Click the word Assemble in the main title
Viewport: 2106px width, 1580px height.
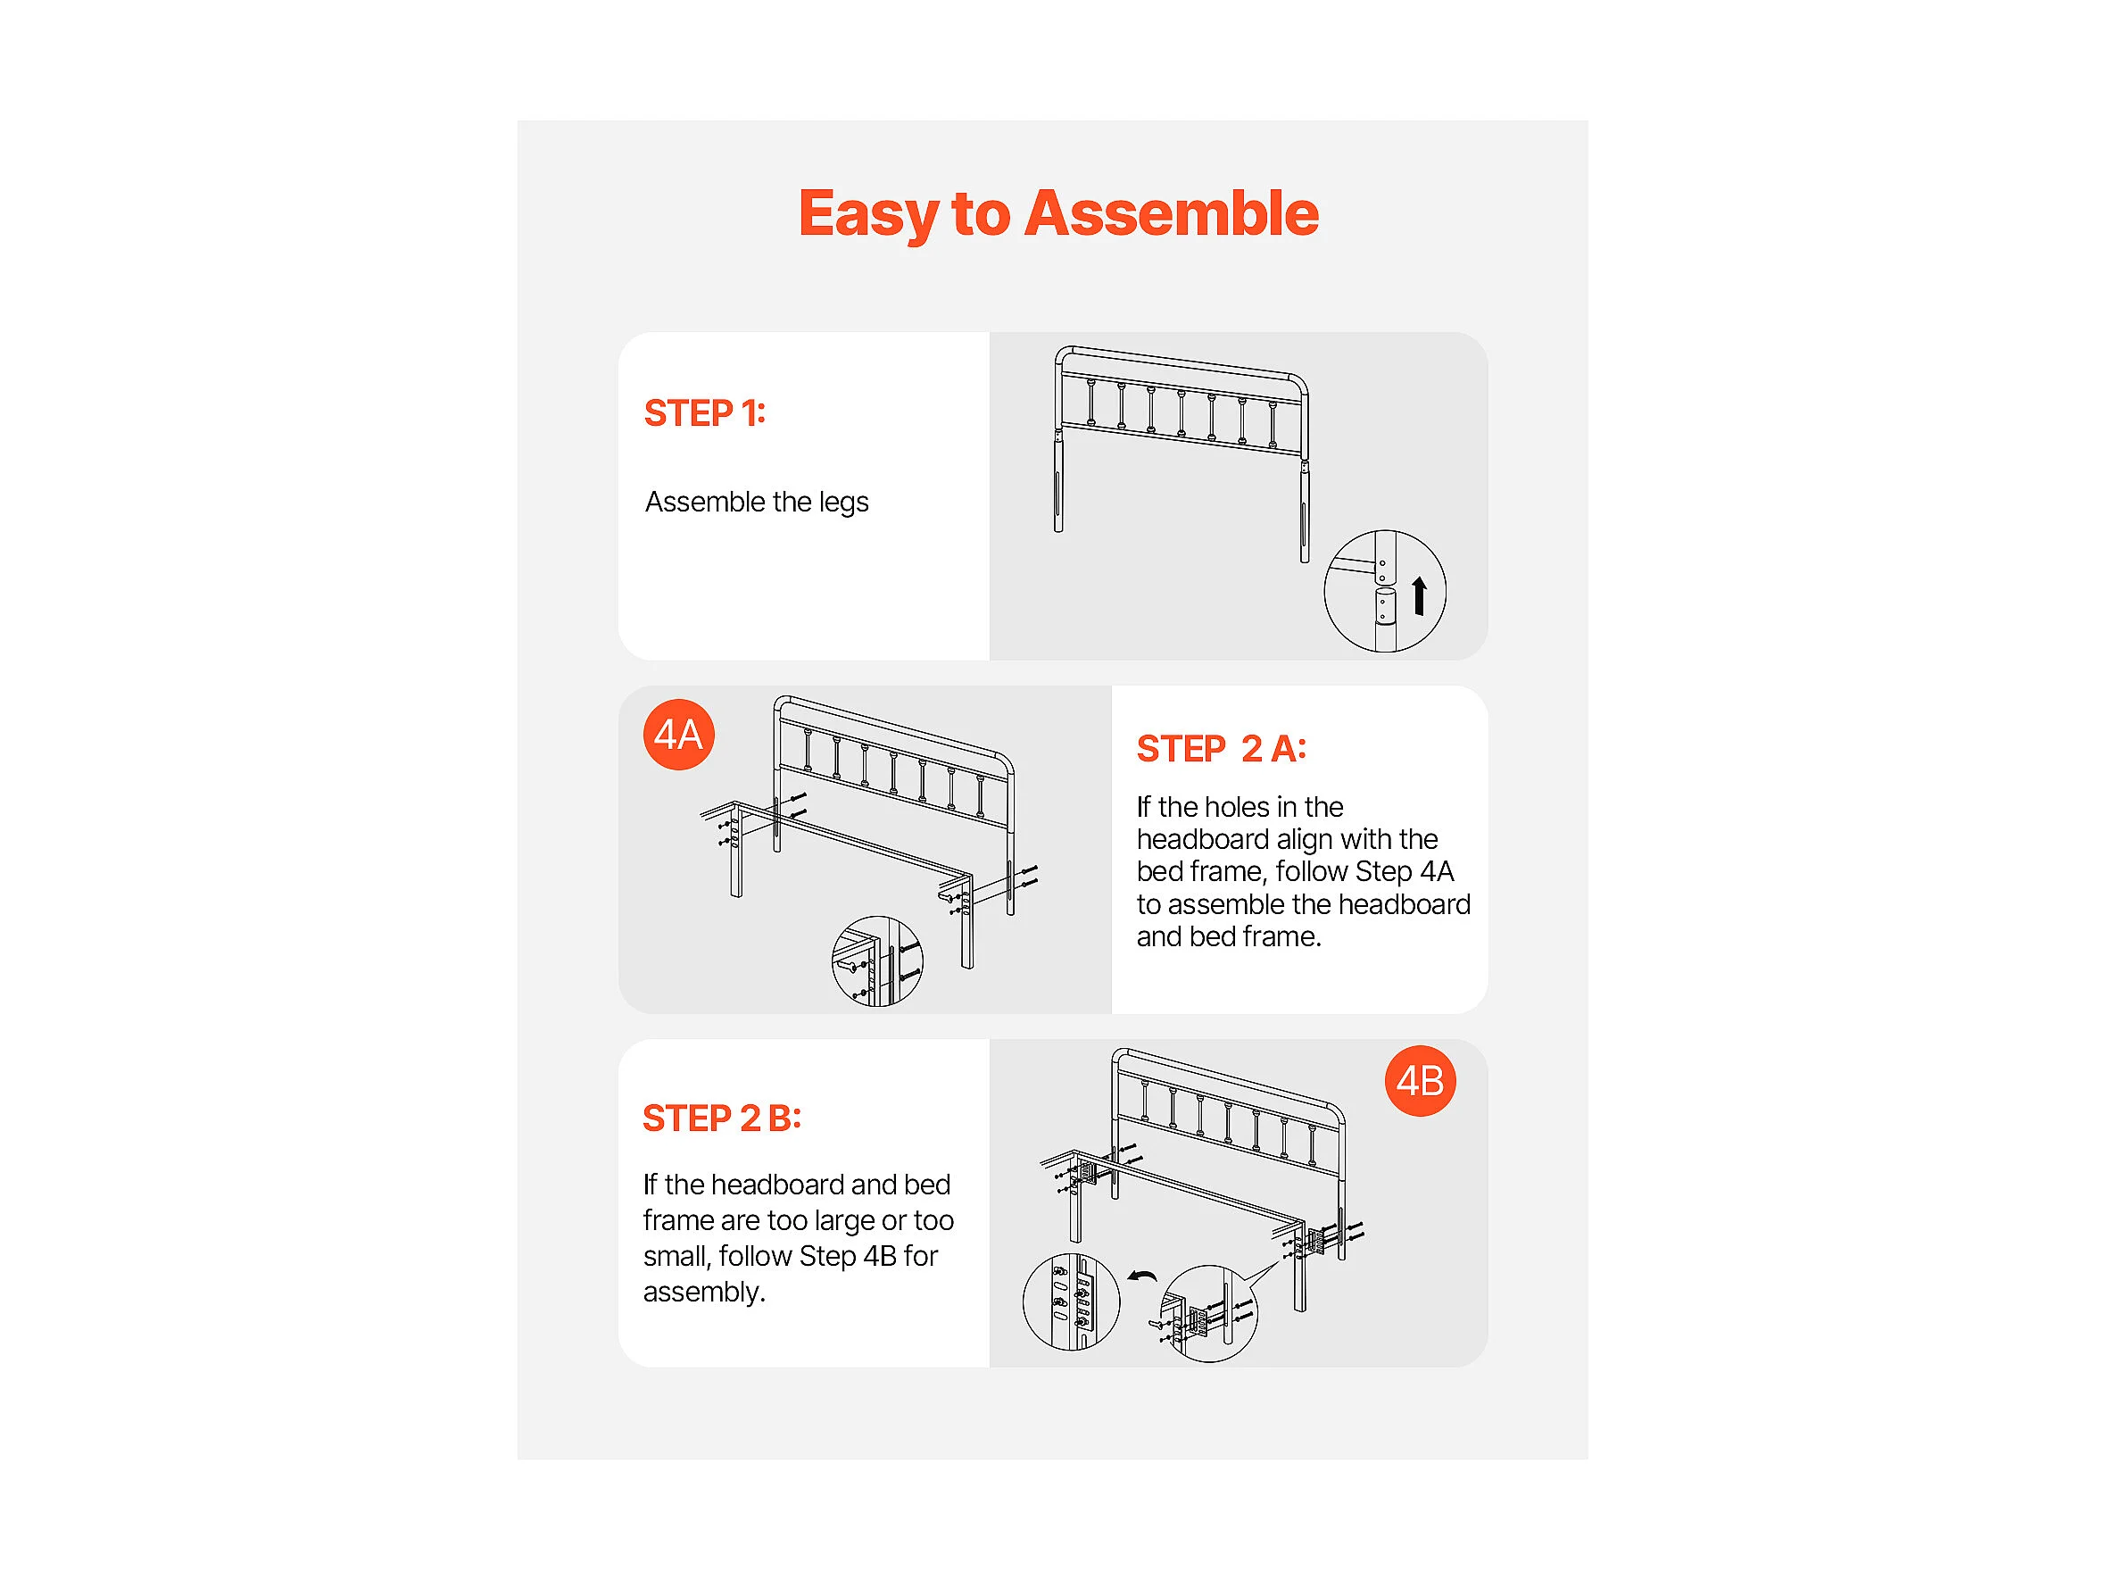tap(1171, 213)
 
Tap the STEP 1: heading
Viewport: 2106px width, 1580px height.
tap(705, 413)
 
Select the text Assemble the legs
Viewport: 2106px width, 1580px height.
tap(757, 502)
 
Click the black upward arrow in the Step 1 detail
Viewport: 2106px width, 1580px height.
tap(1420, 596)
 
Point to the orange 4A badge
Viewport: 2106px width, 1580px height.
tap(679, 735)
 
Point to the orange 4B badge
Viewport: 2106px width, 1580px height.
tap(1421, 1081)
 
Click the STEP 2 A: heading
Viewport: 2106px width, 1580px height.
tap(1222, 749)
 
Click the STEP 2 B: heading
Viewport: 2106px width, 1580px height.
tap(722, 1118)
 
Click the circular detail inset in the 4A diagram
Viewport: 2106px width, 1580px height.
tap(877, 962)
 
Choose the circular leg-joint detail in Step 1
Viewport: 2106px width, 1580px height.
tap(1385, 592)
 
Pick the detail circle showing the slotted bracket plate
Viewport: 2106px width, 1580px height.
tap(1071, 1301)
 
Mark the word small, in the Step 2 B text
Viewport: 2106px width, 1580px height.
tap(677, 1257)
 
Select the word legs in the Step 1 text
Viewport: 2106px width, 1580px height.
tap(843, 503)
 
